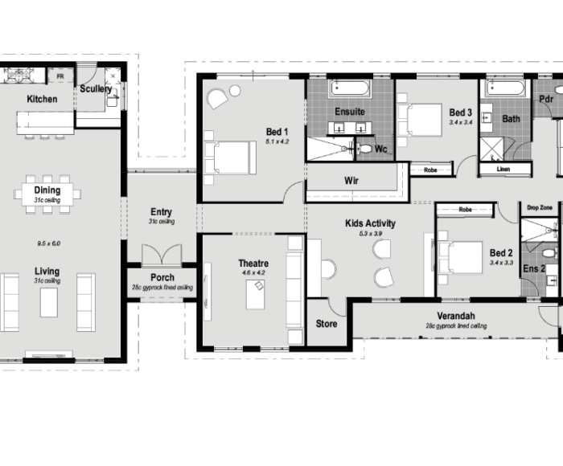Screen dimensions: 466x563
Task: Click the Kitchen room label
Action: [42, 99]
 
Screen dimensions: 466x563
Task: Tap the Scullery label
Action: [96, 89]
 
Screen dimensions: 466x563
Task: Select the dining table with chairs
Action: [47, 194]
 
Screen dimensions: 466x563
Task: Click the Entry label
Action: [161, 212]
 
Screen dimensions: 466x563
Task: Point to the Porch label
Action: [162, 278]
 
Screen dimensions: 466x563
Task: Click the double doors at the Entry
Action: [162, 255]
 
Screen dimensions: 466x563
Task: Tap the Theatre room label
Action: [253, 264]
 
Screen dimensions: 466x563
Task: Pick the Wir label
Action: [351, 181]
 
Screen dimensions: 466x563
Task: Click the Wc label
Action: [381, 149]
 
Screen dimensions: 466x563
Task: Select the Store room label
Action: [327, 324]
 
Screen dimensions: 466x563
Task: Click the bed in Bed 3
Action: [421, 117]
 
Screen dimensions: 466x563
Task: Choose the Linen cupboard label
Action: [503, 169]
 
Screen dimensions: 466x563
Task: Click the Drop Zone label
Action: [540, 208]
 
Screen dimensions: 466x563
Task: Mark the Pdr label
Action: [546, 99]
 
